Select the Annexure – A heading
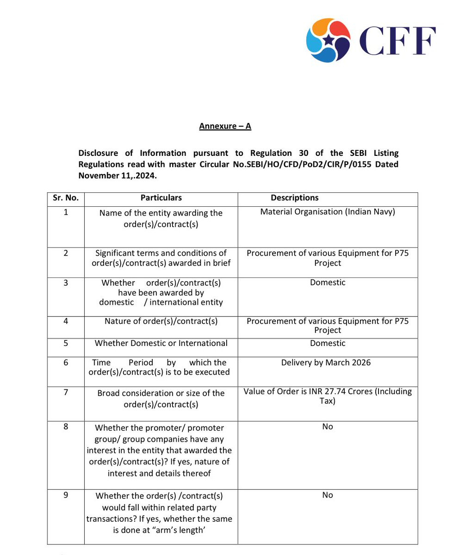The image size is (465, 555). point(225,126)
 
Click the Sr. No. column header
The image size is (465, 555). point(65,198)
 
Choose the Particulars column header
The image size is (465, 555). point(161,198)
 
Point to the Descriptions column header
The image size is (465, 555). point(295,198)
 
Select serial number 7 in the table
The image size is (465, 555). point(65,392)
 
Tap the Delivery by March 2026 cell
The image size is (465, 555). point(326,363)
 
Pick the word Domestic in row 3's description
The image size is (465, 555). point(328,282)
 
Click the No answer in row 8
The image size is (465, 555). point(328,426)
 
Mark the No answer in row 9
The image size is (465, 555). point(328,495)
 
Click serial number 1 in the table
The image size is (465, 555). point(65,212)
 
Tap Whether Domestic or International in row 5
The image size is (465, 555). point(161,343)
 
